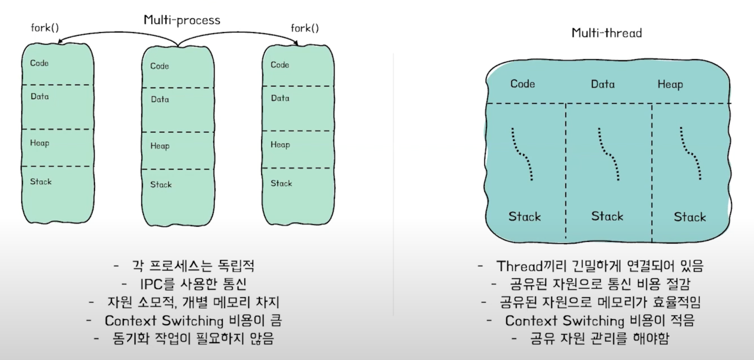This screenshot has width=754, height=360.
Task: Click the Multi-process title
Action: click(x=182, y=20)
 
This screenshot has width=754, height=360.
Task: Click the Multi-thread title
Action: click(x=606, y=33)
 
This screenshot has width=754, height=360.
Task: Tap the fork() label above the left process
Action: click(x=45, y=28)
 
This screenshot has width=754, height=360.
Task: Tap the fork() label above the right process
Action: click(x=304, y=28)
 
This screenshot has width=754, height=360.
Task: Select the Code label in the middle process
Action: click(x=159, y=66)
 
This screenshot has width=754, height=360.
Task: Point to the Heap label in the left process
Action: click(x=40, y=143)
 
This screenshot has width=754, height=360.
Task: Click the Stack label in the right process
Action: click(x=281, y=184)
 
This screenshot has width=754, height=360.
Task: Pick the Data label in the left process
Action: click(x=40, y=96)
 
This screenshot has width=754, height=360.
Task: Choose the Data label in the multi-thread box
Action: click(x=602, y=84)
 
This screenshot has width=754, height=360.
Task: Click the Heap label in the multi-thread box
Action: click(x=670, y=85)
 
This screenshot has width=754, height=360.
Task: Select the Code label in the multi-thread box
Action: click(x=522, y=84)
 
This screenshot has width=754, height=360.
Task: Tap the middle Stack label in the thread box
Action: click(x=607, y=216)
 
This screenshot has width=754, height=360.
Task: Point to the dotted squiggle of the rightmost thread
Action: click(x=690, y=154)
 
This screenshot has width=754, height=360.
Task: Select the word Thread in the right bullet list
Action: click(x=520, y=266)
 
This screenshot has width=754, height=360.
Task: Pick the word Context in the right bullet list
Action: click(x=531, y=321)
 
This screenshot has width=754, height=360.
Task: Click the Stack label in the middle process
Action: click(x=161, y=185)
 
